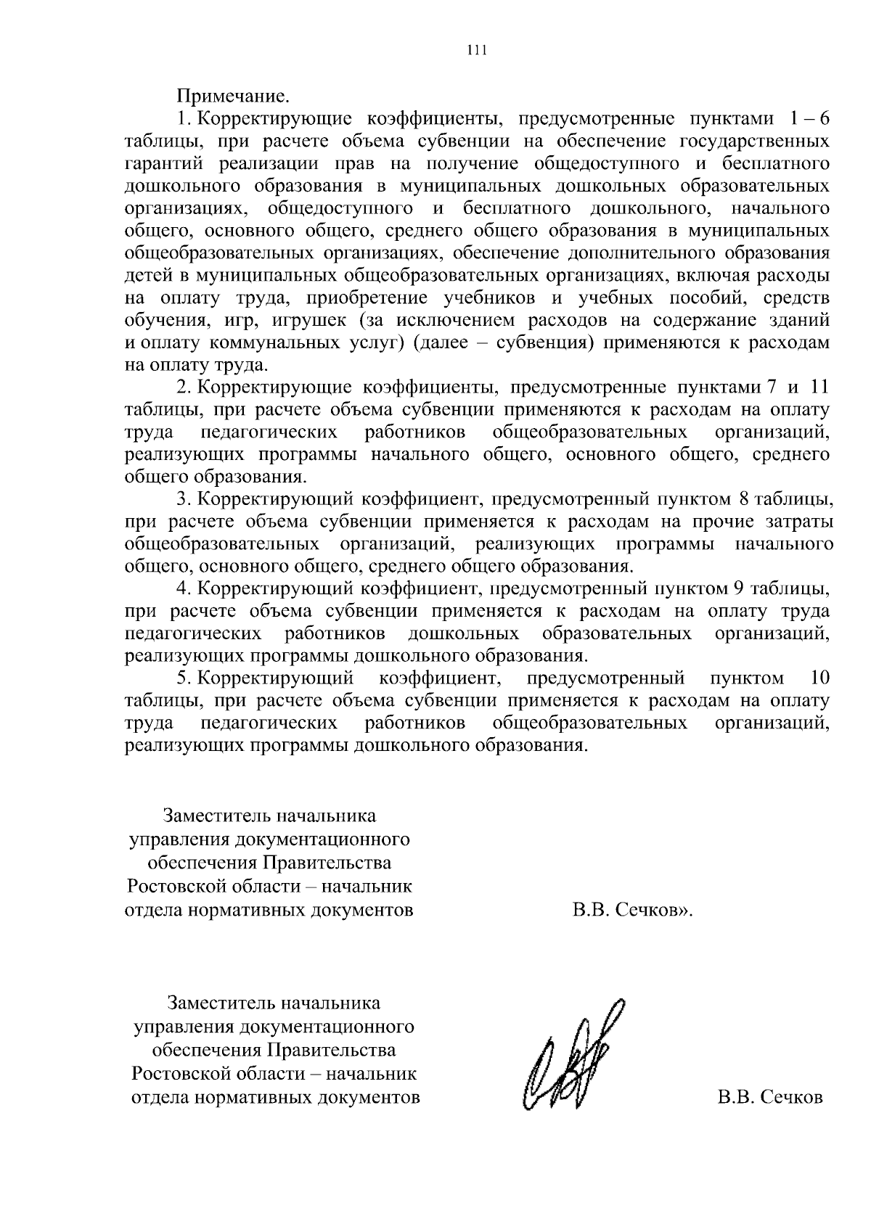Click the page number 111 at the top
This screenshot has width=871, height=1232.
point(476,50)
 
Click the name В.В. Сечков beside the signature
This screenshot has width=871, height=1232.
point(770,1097)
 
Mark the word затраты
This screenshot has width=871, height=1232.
point(799,522)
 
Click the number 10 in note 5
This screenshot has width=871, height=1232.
point(818,679)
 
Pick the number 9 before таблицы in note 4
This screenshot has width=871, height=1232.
point(742,588)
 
